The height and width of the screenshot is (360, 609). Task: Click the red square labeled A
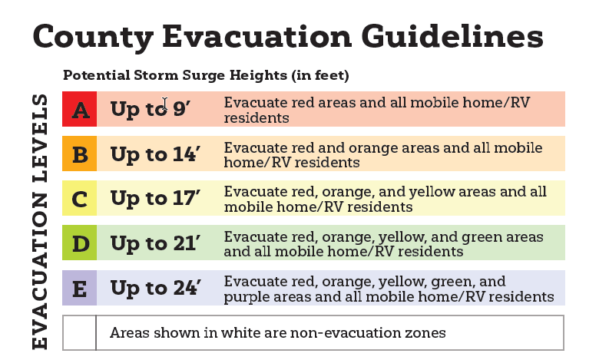(x=79, y=110)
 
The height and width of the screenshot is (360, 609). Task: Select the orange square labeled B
(x=79, y=154)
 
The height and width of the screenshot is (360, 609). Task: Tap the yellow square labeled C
(x=79, y=199)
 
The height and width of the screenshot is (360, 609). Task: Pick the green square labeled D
(x=79, y=243)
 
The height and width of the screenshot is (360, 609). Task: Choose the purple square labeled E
(x=79, y=288)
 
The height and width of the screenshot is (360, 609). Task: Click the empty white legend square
(x=79, y=332)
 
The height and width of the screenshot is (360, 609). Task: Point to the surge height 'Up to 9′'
(x=149, y=110)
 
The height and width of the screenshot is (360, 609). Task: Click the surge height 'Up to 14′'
(x=154, y=154)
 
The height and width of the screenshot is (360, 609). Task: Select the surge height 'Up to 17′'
(x=154, y=199)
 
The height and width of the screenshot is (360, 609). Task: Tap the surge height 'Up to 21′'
(x=154, y=243)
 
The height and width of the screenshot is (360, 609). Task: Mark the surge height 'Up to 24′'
(x=154, y=288)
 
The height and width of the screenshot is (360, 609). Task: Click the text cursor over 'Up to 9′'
(x=164, y=104)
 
